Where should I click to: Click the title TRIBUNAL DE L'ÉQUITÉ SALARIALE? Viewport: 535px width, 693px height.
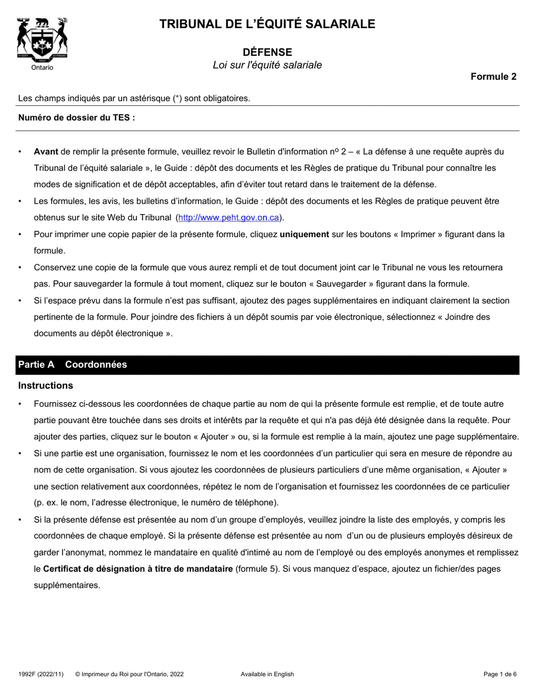(x=267, y=24)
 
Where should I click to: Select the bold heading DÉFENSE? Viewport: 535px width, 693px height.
(x=267, y=52)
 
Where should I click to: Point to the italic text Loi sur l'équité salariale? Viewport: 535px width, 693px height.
(x=267, y=65)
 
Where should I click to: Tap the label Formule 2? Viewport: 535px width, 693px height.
(x=493, y=77)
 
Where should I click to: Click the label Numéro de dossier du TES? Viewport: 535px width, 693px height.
(x=77, y=118)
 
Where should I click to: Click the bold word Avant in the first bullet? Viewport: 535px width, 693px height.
(x=46, y=152)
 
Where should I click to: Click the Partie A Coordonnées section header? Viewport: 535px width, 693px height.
(x=73, y=365)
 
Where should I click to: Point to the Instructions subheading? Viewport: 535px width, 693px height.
(x=46, y=385)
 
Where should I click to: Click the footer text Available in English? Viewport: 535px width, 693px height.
(x=267, y=674)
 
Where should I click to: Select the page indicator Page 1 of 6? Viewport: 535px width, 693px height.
(x=500, y=674)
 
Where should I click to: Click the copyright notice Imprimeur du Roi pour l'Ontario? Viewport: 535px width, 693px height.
(x=129, y=674)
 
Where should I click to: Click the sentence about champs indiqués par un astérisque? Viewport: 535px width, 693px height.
(x=134, y=99)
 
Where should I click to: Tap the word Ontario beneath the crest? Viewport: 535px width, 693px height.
(x=42, y=68)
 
